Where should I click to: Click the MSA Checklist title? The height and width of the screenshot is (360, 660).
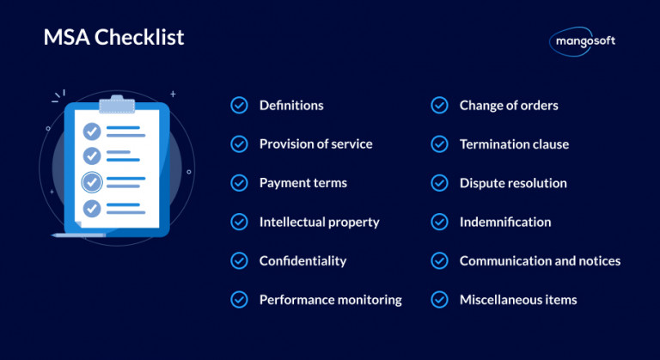pyautogui.click(x=113, y=38)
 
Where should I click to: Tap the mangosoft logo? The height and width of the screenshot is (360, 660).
pyautogui.click(x=582, y=40)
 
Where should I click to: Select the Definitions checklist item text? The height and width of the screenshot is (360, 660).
pyautogui.click(x=291, y=106)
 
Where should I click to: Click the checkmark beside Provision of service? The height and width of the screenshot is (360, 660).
pyautogui.click(x=239, y=144)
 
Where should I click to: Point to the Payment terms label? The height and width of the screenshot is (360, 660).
pyautogui.click(x=303, y=183)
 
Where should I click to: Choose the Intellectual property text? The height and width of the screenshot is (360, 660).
pyautogui.click(x=319, y=222)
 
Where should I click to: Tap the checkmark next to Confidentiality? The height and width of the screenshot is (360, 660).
pyautogui.click(x=239, y=260)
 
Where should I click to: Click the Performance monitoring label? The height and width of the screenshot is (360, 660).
pyautogui.click(x=330, y=300)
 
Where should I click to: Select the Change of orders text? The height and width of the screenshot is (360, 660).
pyautogui.click(x=509, y=106)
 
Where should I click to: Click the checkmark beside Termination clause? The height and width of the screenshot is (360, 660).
pyautogui.click(x=439, y=144)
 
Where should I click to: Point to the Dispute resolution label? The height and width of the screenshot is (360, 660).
pyautogui.click(x=513, y=183)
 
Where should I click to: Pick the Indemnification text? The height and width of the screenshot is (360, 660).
pyautogui.click(x=505, y=222)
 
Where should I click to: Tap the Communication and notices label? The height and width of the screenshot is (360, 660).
pyautogui.click(x=540, y=260)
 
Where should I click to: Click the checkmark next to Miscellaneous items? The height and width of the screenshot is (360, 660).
pyautogui.click(x=439, y=300)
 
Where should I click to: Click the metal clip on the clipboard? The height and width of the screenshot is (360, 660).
pyautogui.click(x=119, y=104)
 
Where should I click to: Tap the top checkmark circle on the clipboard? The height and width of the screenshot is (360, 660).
pyautogui.click(x=91, y=131)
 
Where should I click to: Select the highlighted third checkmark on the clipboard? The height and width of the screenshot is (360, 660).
pyautogui.click(x=91, y=182)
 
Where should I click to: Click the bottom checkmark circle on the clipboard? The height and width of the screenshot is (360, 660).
pyautogui.click(x=91, y=207)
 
